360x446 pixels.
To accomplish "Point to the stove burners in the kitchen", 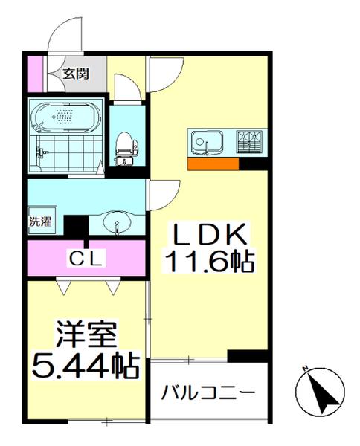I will pos(248,141).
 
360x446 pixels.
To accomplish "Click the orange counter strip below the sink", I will pos(213,164).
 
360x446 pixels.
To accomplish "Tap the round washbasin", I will pos(118,222).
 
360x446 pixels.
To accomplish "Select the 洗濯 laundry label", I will pos(40,221).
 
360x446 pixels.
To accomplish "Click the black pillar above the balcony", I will pos(247,356).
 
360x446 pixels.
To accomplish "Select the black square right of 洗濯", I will pos(74,224).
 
